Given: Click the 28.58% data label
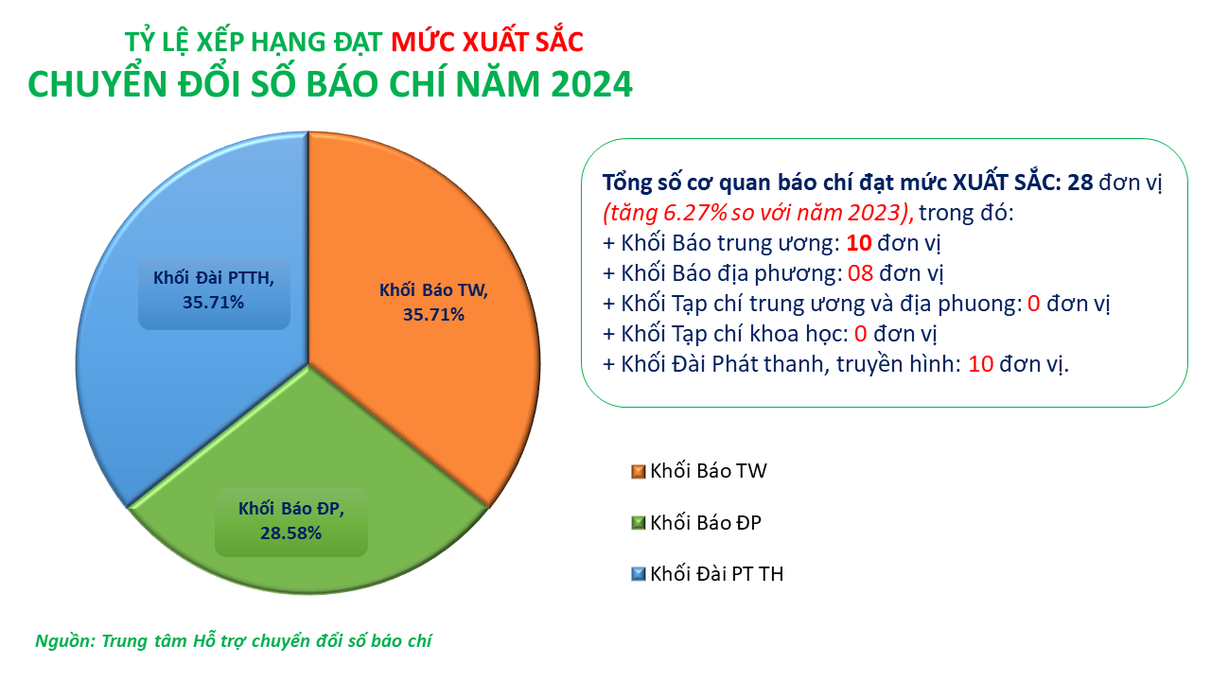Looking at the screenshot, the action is pyautogui.click(x=290, y=533).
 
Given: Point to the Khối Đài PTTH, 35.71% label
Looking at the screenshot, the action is pyautogui.click(x=214, y=290).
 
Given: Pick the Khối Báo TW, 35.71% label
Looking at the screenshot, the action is pyautogui.click(x=433, y=303).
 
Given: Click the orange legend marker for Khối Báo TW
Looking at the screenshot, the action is pyautogui.click(x=639, y=472).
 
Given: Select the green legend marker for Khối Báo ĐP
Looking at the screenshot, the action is pyautogui.click(x=639, y=523).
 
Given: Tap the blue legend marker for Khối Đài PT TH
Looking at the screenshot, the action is pyautogui.click(x=639, y=574).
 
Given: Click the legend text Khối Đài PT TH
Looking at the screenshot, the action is pyautogui.click(x=716, y=574).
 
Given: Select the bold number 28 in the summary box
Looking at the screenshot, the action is pyautogui.click(x=1080, y=183).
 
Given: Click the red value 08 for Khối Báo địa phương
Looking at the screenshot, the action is pyautogui.click(x=860, y=273).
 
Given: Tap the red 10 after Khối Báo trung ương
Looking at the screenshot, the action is pyautogui.click(x=858, y=243).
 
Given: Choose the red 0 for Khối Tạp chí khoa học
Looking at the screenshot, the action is pyautogui.click(x=860, y=334).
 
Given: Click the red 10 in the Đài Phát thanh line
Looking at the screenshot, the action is pyautogui.click(x=980, y=364).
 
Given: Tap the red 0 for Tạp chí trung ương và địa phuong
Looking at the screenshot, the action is pyautogui.click(x=1033, y=304).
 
